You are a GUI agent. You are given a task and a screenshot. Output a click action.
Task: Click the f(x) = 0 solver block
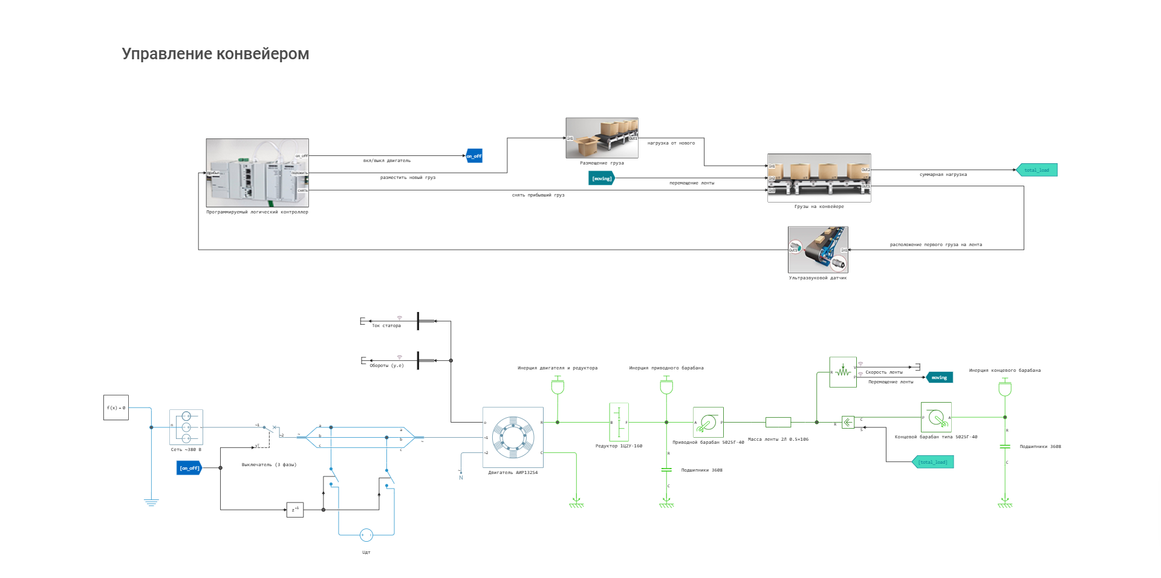click(x=116, y=408)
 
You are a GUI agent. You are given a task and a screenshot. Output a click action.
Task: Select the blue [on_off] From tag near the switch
click(x=189, y=468)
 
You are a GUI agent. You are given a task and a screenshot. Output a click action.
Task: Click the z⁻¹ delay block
click(x=294, y=510)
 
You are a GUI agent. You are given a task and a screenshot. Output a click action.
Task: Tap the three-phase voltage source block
click(x=186, y=427)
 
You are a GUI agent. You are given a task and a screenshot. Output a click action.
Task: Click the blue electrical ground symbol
click(x=151, y=502)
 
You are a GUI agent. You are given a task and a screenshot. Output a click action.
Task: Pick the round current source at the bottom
click(x=366, y=535)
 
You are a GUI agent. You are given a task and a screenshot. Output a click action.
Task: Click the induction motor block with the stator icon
click(x=513, y=437)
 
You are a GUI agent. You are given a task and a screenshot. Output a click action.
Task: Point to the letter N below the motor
click(x=461, y=478)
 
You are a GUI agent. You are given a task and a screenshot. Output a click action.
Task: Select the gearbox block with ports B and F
click(x=619, y=422)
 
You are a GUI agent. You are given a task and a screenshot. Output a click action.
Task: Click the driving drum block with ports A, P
click(x=708, y=422)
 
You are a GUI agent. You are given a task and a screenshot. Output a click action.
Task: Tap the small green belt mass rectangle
click(x=778, y=422)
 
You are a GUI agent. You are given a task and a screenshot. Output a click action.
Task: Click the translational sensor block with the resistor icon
click(x=843, y=372)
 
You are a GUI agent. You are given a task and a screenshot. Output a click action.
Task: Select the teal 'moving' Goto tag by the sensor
click(x=940, y=377)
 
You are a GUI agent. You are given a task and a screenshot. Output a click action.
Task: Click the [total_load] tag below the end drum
click(x=933, y=462)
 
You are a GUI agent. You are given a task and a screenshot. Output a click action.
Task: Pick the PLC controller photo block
click(x=257, y=173)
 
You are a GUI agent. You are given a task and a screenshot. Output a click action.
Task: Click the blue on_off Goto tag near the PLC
click(x=474, y=156)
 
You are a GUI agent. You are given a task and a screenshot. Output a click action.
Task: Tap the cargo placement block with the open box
click(x=602, y=138)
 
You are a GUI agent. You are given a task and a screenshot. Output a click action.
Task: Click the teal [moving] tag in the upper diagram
click(x=602, y=178)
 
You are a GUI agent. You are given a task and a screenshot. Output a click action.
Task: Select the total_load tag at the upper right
click(x=1037, y=170)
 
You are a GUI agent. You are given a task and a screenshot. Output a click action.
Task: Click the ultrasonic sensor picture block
click(x=818, y=250)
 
